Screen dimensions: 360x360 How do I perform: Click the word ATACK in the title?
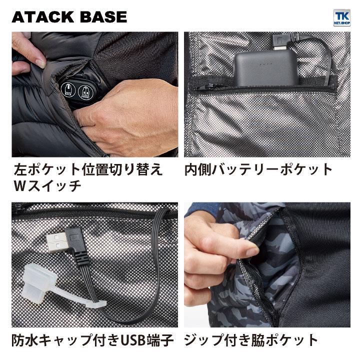(x=40, y=16)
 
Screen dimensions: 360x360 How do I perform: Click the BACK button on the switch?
(x=67, y=90)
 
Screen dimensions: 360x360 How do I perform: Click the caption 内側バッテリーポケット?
(x=258, y=169)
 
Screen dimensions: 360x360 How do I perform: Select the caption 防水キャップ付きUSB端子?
(x=92, y=341)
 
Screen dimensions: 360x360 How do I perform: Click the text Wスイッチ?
(x=47, y=187)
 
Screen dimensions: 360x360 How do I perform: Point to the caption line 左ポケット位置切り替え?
(x=87, y=169)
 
